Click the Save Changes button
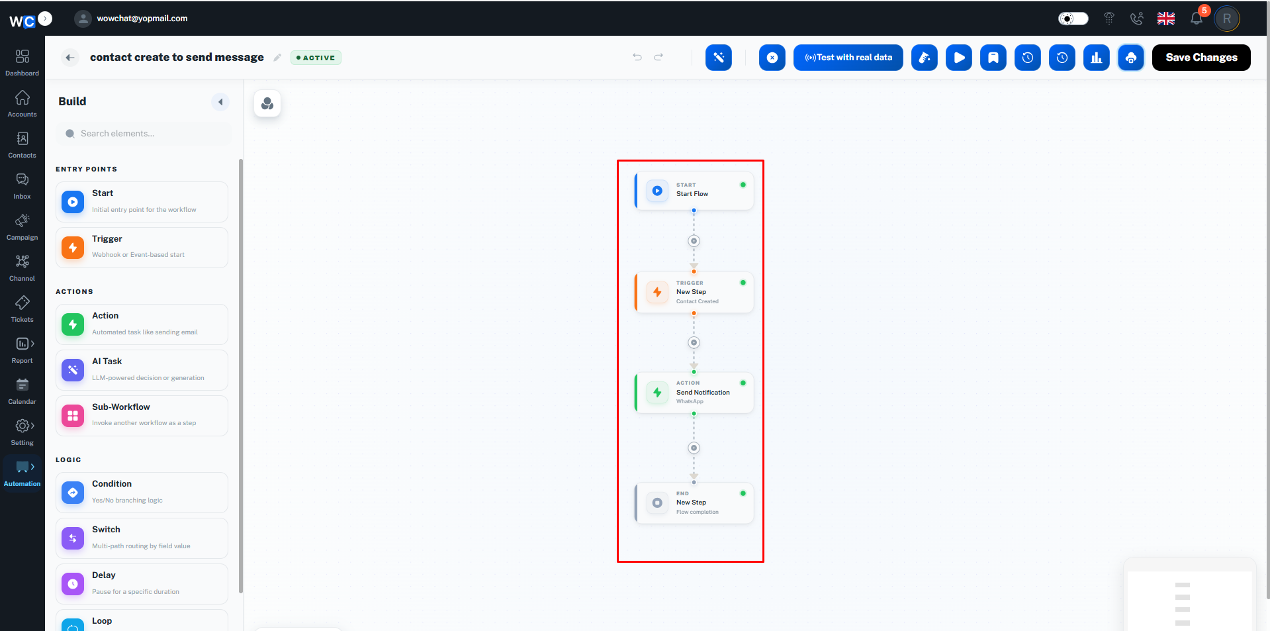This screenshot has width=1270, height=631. click(x=1201, y=58)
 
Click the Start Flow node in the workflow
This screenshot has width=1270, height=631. click(x=694, y=191)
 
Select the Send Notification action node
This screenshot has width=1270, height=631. click(x=694, y=393)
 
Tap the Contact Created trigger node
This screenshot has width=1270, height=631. click(x=694, y=292)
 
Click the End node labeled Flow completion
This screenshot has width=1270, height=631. click(x=694, y=503)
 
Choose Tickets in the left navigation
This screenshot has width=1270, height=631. click(x=23, y=309)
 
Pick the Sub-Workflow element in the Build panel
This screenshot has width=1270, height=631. click(x=142, y=416)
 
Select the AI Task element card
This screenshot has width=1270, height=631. click(x=142, y=370)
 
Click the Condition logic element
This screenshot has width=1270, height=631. click(x=142, y=493)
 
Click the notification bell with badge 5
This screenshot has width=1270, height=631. click(x=1197, y=18)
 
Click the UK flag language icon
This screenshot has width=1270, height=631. click(x=1166, y=19)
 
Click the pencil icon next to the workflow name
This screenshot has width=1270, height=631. click(x=277, y=58)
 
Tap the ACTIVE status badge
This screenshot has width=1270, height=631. click(x=316, y=58)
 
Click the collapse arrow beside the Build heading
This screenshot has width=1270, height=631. click(x=220, y=102)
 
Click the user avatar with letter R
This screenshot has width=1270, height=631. click(x=1227, y=19)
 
